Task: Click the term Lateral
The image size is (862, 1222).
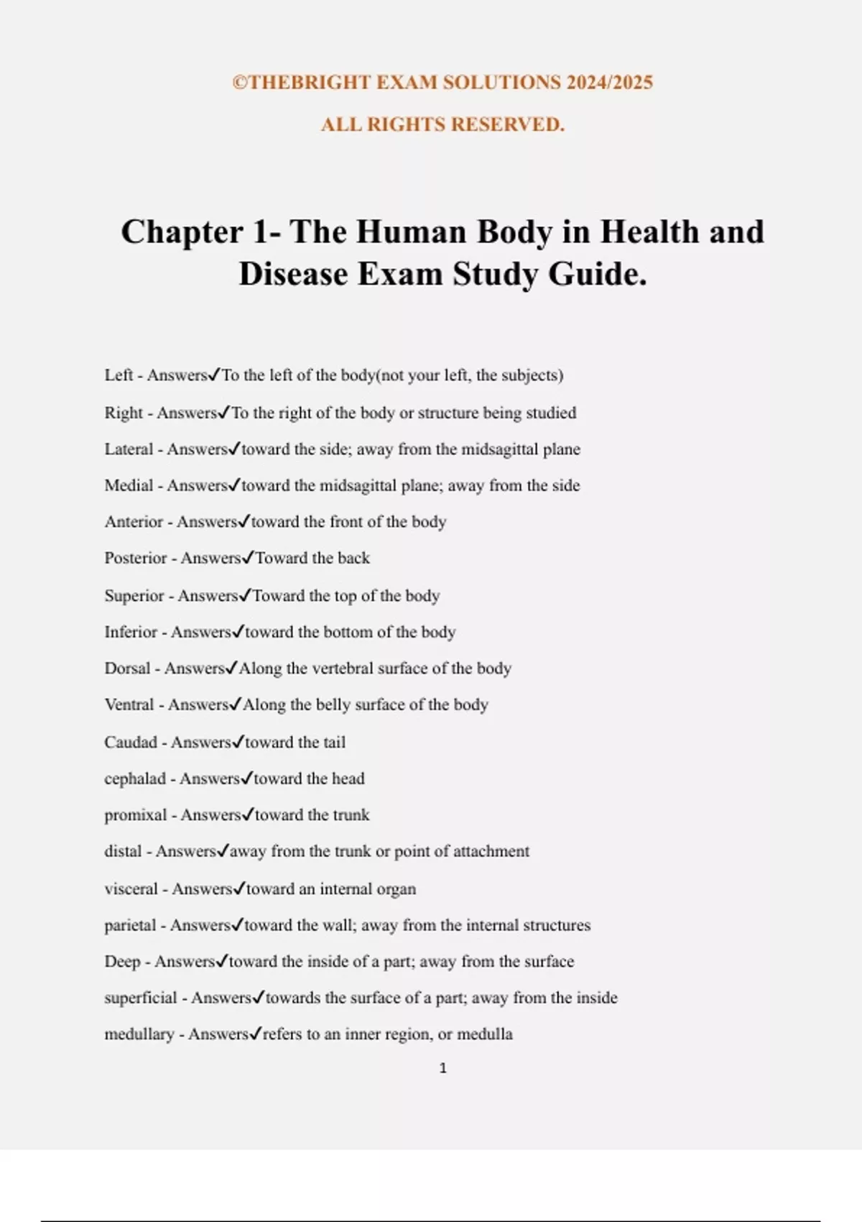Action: (x=129, y=449)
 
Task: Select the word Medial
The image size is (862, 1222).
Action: (x=129, y=485)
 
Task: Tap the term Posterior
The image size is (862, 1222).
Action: (x=136, y=558)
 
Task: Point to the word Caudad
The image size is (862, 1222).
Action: (x=131, y=742)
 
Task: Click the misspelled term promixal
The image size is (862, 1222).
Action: (x=135, y=814)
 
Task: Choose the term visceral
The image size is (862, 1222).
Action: (x=131, y=888)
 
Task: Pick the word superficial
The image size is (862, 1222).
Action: (x=140, y=998)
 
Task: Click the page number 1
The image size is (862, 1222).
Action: (x=442, y=1068)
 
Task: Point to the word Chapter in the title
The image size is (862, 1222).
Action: (x=182, y=232)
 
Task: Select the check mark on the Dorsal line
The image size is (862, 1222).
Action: (x=231, y=668)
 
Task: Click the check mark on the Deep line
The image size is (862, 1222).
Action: (x=222, y=960)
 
